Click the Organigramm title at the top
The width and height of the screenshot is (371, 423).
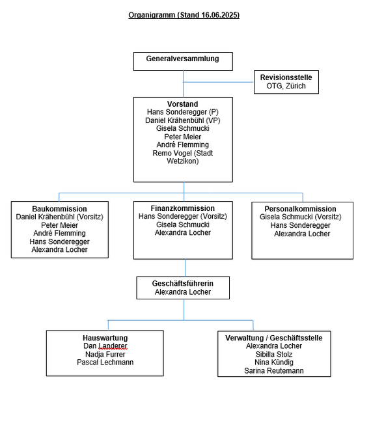coord(184,15)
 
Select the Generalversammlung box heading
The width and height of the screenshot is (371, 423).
coord(183,59)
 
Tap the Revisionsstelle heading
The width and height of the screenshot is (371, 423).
coord(286,77)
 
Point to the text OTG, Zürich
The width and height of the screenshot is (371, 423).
coord(286,86)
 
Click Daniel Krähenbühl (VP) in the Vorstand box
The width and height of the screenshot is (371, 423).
coord(183,120)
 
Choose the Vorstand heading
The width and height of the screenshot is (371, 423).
coord(183,104)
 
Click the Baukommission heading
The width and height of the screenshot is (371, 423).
coord(59,209)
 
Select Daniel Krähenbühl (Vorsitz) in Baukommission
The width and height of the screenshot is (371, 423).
coord(59,217)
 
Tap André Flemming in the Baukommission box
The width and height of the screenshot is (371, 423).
coord(59,234)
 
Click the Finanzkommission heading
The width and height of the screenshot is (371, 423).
coord(183,208)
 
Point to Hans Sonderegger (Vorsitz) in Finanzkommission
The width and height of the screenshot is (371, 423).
coord(183,216)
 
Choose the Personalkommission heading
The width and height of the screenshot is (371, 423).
coord(300,209)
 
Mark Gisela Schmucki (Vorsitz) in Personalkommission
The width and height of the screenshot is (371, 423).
coord(300,217)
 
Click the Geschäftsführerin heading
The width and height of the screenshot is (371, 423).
coord(183,284)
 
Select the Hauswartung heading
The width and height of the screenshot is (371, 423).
coord(105,338)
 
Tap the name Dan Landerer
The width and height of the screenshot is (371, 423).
coord(105,346)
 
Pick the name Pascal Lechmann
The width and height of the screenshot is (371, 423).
coord(105,362)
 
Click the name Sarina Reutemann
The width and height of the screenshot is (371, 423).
coord(274,371)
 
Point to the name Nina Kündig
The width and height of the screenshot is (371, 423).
coord(274,362)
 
